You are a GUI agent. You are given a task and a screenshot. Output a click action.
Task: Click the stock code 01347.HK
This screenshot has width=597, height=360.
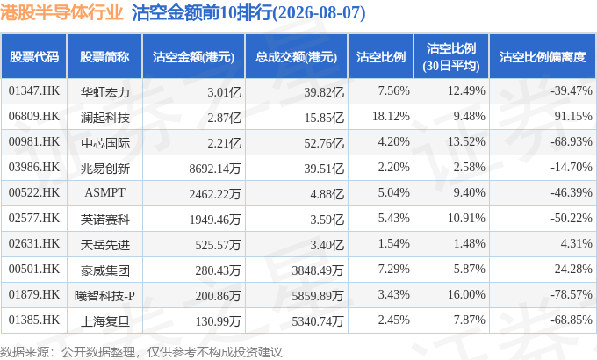[x=34, y=90]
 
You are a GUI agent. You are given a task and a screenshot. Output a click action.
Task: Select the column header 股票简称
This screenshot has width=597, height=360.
[x=104, y=57]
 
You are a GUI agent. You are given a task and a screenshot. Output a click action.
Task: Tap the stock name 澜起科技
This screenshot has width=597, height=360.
[x=105, y=118]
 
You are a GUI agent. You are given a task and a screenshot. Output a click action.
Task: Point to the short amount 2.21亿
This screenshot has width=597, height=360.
[x=224, y=143]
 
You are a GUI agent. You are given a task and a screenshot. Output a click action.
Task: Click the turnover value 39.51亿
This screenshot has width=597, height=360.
[x=324, y=169]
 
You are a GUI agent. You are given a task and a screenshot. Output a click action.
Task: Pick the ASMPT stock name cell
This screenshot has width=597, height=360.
[x=104, y=193]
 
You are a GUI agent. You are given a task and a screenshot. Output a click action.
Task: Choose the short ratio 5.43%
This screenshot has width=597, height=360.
[x=393, y=218]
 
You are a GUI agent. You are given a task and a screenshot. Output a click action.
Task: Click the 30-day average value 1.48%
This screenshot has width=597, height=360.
[x=469, y=243]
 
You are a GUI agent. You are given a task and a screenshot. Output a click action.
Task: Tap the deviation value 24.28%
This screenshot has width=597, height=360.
[x=573, y=269]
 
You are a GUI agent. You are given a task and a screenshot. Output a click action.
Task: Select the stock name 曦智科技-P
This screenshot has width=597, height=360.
[x=104, y=296]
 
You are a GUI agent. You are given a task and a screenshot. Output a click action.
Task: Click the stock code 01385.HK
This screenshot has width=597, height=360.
[x=34, y=320]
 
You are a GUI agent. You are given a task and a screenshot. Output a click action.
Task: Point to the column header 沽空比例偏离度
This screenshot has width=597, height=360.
[x=543, y=57]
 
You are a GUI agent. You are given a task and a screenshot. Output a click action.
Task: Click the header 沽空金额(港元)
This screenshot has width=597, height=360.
[x=193, y=57]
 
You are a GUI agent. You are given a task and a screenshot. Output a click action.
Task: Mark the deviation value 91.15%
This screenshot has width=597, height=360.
[x=573, y=116]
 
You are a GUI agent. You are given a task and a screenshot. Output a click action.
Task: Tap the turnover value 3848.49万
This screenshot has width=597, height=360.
[x=318, y=270]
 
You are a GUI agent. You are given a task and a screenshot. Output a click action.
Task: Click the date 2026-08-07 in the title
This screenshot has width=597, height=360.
[x=318, y=13]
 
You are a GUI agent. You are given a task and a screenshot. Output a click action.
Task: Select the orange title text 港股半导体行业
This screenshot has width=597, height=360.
[x=61, y=12]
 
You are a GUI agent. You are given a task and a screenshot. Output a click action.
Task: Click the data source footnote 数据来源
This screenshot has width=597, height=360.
[x=25, y=352]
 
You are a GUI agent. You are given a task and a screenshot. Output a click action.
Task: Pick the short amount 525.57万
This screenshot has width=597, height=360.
[x=218, y=245]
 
